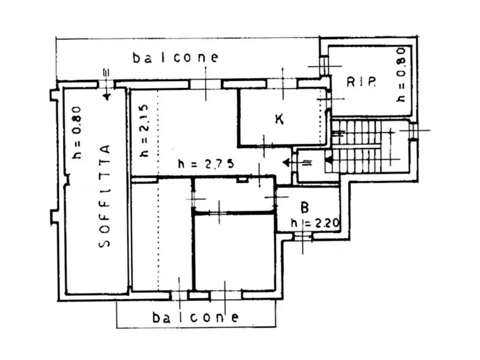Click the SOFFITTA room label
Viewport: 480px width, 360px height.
coord(104,196)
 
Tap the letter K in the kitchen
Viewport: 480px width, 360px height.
coord(279,119)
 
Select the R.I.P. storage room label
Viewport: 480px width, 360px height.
coord(361,82)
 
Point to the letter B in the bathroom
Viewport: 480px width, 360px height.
coord(305,207)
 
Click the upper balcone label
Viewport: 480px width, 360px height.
coord(175,57)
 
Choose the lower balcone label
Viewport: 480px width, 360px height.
coord(195,318)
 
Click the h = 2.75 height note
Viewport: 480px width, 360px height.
coord(206,164)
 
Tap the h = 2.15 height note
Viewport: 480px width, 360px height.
coord(144,131)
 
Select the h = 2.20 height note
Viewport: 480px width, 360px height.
coord(315,222)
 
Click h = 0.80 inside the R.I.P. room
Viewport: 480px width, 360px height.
coord(400,75)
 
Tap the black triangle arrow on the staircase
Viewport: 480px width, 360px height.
coord(328,160)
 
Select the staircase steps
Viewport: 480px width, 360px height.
coord(356,146)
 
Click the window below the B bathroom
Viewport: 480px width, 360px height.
coord(303,236)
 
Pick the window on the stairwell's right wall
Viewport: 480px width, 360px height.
coord(413,131)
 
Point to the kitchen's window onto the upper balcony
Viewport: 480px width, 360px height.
coord(282,84)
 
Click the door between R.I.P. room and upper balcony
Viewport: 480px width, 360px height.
coord(324,66)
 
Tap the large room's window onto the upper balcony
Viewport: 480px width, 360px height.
coord(205,84)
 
